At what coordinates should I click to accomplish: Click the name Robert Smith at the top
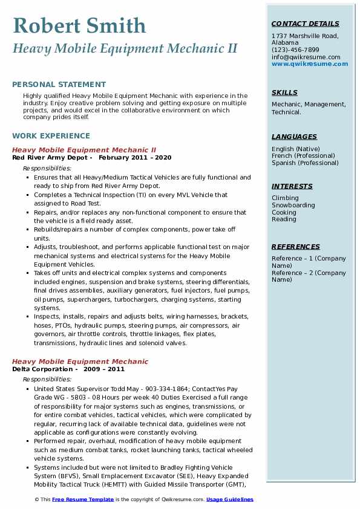(x=79, y=25)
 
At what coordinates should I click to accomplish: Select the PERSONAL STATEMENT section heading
(x=59, y=85)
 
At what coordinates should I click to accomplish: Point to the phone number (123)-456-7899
(x=295, y=50)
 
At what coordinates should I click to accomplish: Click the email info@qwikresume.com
(x=306, y=57)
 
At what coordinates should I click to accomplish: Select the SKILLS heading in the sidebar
(x=284, y=92)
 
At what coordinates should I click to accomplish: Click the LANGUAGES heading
(x=294, y=137)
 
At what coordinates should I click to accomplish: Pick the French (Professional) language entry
(x=304, y=156)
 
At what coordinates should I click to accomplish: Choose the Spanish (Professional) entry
(x=305, y=163)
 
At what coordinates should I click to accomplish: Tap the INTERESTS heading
(x=292, y=186)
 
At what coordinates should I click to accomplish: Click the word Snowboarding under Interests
(x=293, y=206)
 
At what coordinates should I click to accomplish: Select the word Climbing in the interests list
(x=285, y=198)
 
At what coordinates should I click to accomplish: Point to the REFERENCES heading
(x=296, y=247)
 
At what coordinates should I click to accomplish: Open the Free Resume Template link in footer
(x=82, y=499)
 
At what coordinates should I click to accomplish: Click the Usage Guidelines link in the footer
(x=230, y=499)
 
